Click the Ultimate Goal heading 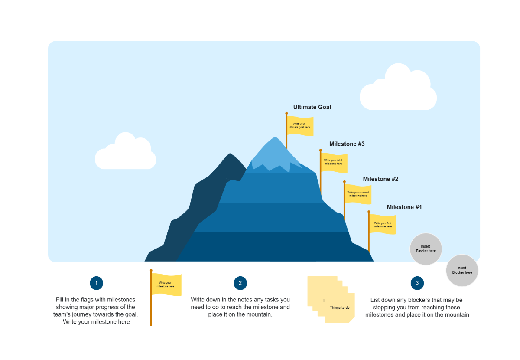pos(312,107)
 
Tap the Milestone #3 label pos(347,144)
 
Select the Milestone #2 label pos(380,179)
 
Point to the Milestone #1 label pos(404,207)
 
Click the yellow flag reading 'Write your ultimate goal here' pos(300,126)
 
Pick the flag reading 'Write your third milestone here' pos(334,162)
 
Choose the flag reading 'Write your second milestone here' pos(358,194)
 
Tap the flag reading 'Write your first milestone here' pos(383,225)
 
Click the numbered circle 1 pos(96,283)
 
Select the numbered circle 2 pos(240,283)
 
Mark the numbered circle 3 pos(417,283)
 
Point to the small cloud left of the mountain pos(126,153)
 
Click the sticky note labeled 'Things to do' pos(339,307)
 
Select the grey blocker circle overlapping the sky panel pos(426,249)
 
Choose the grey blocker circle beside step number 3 pos(462,271)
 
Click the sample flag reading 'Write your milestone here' pos(166,285)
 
